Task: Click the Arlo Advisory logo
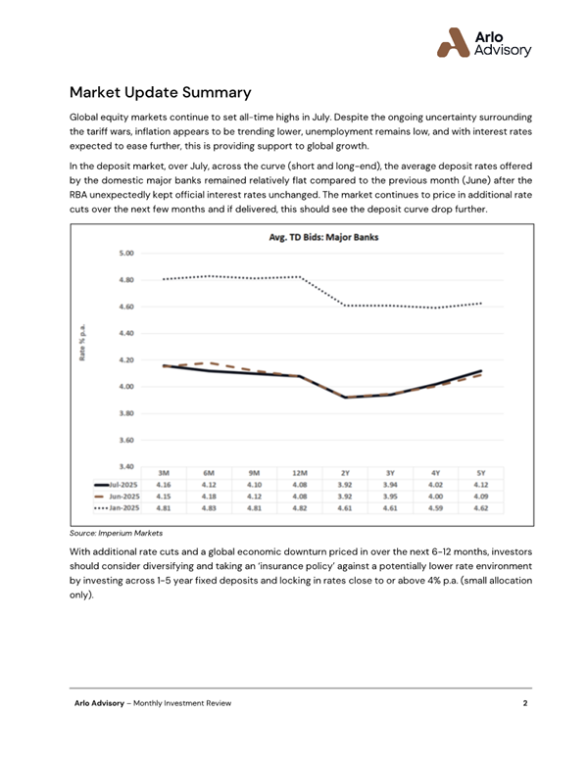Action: (x=483, y=40)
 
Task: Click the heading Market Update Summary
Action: (x=161, y=94)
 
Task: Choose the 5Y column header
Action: (x=481, y=472)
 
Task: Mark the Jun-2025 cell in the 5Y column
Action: (x=481, y=497)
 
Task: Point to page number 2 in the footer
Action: (x=525, y=704)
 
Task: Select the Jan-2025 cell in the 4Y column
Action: (x=436, y=509)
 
